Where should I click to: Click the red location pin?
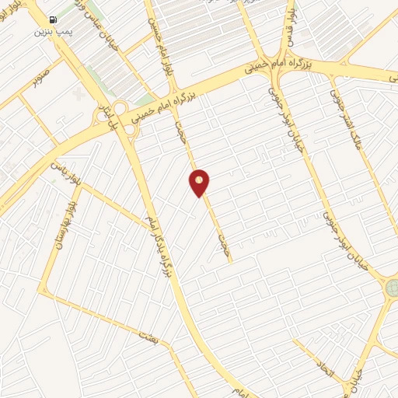tap(200, 183)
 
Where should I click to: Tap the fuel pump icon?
tap(52, 19)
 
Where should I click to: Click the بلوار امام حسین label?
tap(163, 47)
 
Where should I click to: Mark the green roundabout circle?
tap(391, 288)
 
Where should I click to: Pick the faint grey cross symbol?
tap(77, 93)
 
